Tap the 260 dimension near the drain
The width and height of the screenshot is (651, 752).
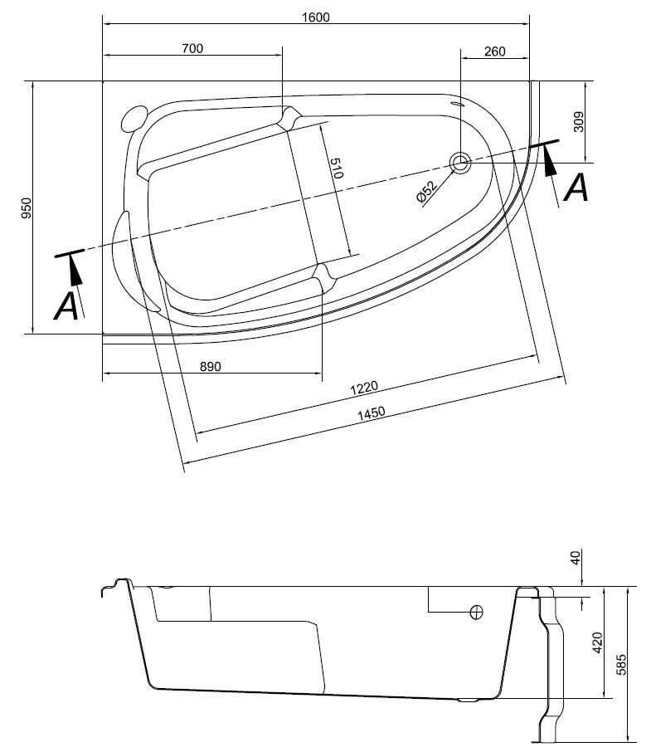(x=493, y=51)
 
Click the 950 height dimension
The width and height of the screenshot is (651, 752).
(x=26, y=208)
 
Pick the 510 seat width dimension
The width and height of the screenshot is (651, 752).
(x=336, y=169)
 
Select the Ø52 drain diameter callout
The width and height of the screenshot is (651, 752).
(x=426, y=191)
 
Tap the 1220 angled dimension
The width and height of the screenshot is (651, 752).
(x=363, y=387)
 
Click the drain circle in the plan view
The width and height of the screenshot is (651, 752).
(x=461, y=163)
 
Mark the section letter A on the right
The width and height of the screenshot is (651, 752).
(x=576, y=188)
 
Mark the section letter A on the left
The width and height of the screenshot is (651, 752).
(x=66, y=306)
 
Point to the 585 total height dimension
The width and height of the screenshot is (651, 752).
(x=622, y=665)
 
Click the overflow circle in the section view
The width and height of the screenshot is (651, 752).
(x=477, y=613)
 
